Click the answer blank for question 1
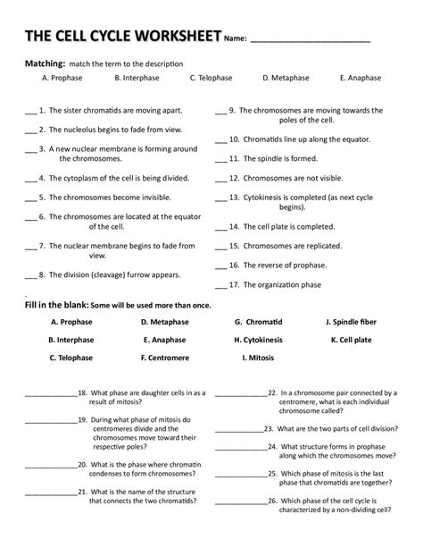click(30, 114)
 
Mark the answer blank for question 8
click(30, 275)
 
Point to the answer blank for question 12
click(220, 179)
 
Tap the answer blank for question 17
click(220, 286)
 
